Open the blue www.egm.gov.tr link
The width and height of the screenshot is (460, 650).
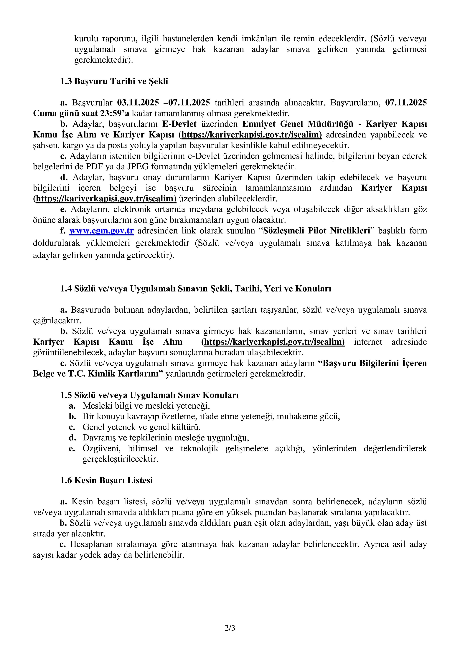(x=101, y=231)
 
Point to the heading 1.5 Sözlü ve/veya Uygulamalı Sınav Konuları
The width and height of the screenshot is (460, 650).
(x=149, y=395)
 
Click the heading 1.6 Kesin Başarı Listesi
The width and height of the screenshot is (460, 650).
(x=106, y=480)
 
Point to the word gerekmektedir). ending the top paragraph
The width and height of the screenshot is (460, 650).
(x=103, y=60)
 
